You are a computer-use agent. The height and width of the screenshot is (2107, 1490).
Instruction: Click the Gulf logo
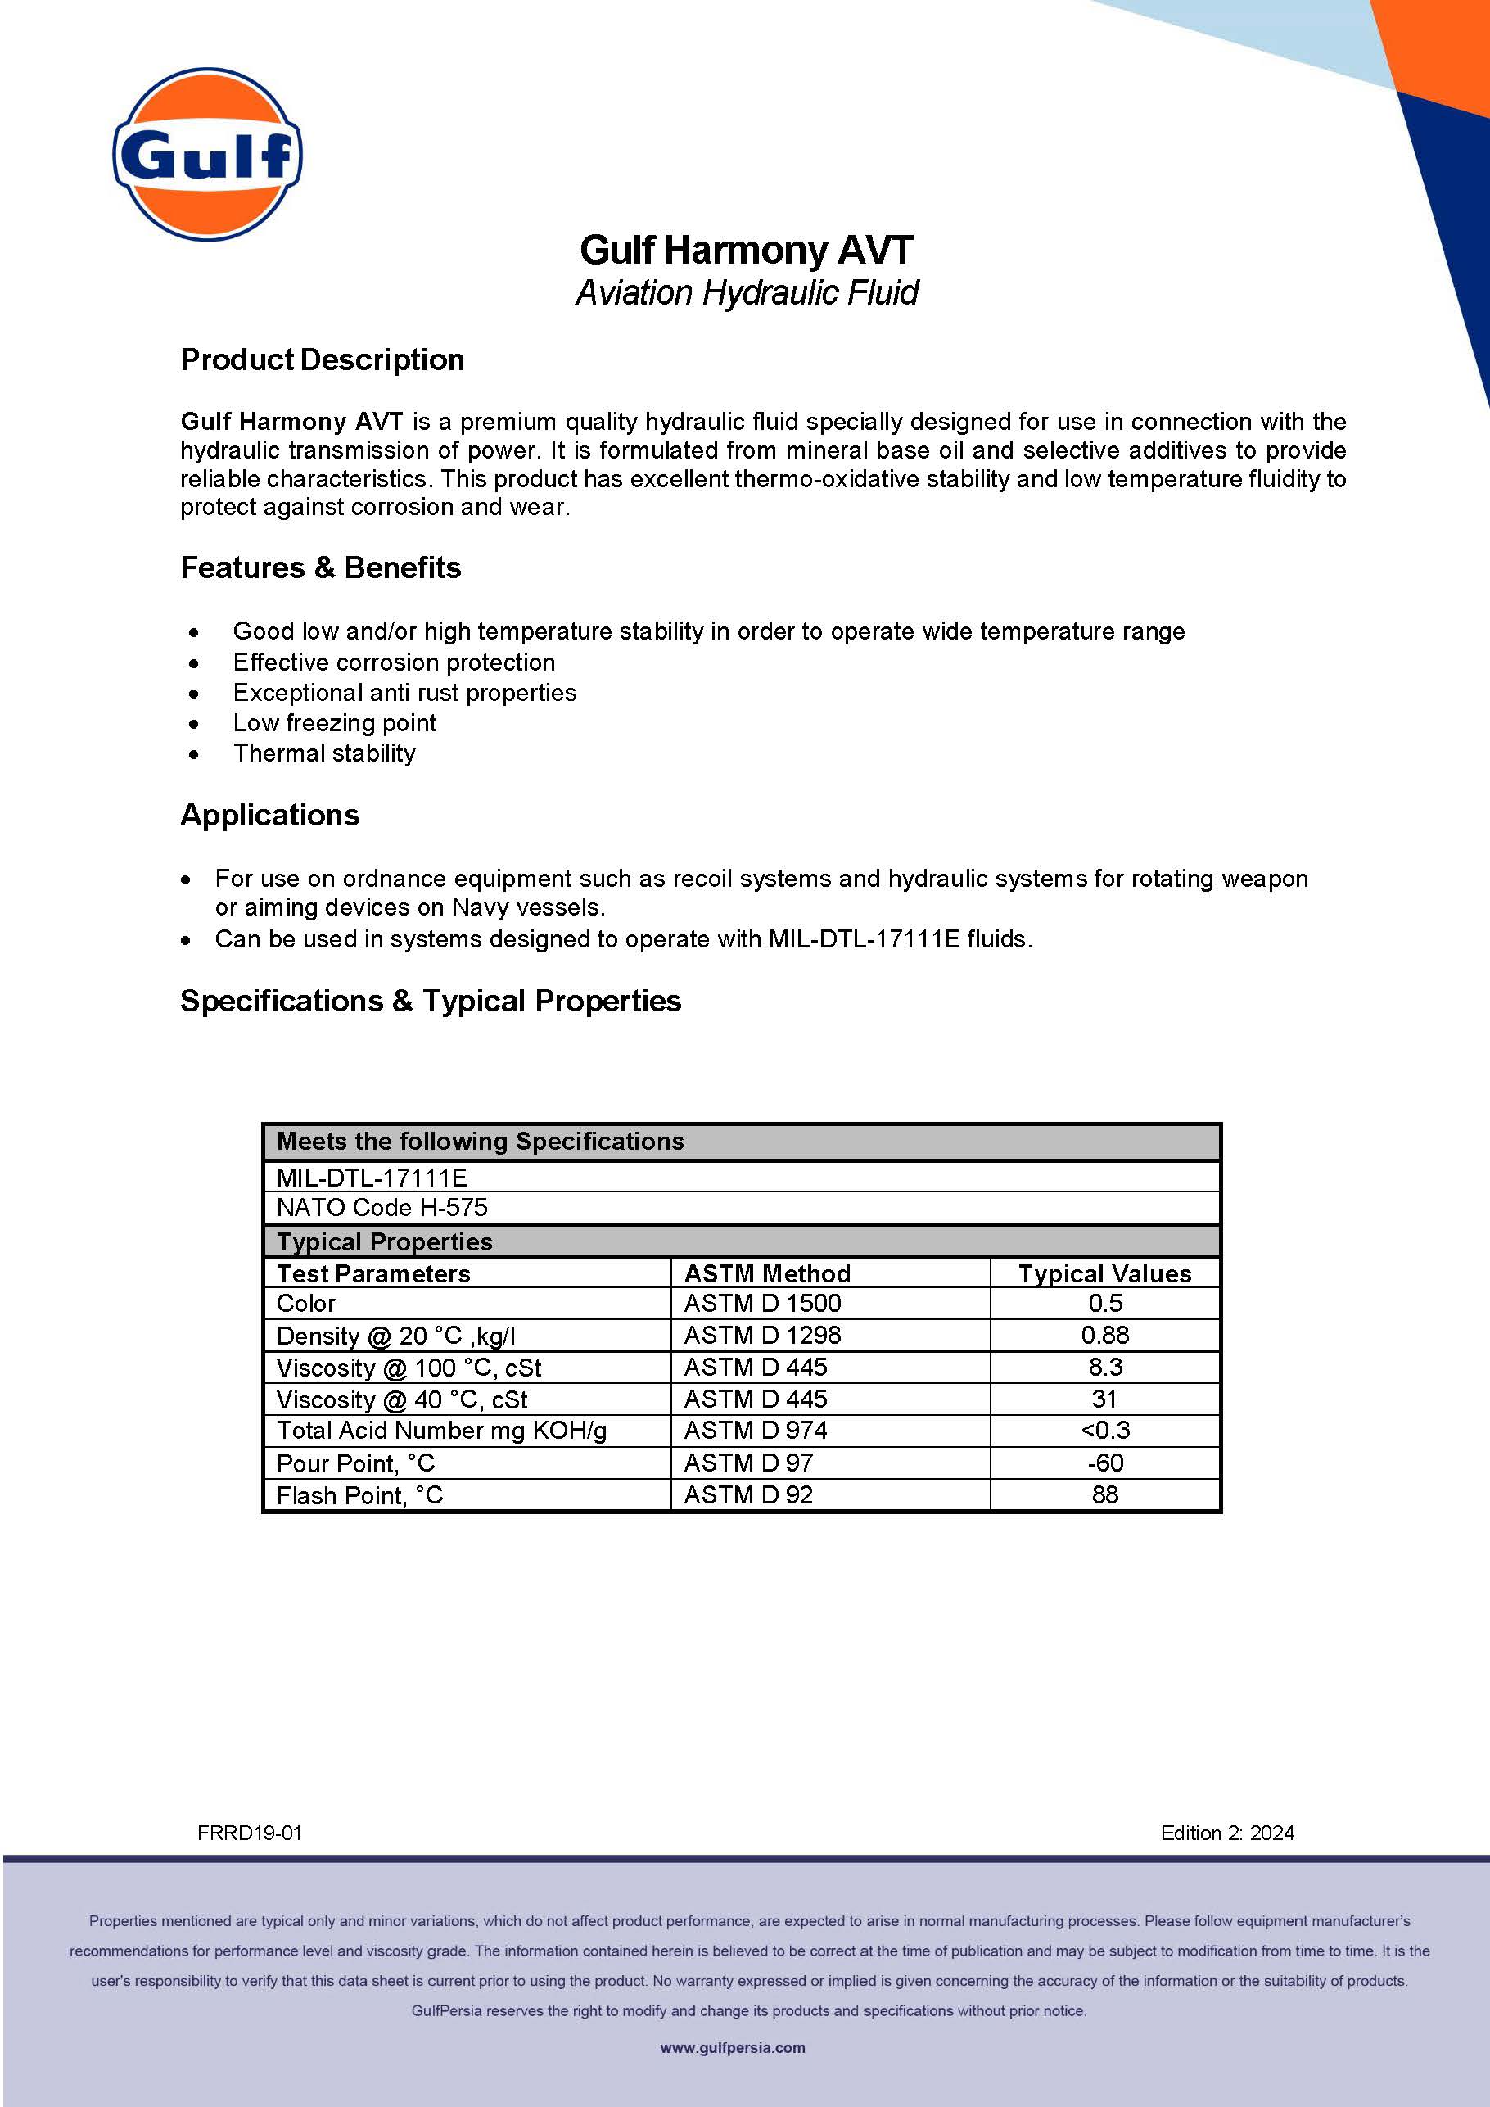click(x=207, y=154)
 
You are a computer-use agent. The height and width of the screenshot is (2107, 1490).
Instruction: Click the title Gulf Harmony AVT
click(x=746, y=250)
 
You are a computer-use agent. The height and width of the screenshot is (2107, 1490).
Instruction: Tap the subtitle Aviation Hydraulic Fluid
click(x=746, y=292)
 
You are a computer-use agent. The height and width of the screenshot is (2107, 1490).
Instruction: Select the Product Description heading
click(x=322, y=359)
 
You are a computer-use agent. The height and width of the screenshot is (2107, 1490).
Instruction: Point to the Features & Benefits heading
click(x=320, y=568)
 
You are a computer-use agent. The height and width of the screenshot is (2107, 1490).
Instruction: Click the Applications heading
click(x=269, y=815)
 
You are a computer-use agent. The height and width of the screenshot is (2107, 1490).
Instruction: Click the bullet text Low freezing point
click(x=334, y=723)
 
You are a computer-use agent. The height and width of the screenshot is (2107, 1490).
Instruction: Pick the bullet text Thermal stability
click(x=324, y=753)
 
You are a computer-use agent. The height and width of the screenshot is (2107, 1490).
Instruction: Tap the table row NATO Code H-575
click(x=382, y=1208)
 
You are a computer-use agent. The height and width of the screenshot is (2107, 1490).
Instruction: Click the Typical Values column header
click(x=1104, y=1273)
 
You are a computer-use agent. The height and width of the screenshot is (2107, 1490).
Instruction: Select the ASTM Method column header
click(x=767, y=1273)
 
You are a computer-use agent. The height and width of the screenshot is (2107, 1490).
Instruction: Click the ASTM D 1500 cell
click(x=762, y=1304)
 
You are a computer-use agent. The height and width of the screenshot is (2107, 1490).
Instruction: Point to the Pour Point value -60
click(x=1104, y=1463)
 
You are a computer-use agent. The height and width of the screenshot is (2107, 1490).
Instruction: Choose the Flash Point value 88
click(x=1104, y=1495)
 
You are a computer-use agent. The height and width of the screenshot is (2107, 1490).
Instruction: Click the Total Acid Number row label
click(x=441, y=1431)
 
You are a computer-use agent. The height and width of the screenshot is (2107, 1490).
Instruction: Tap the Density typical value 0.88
click(x=1104, y=1336)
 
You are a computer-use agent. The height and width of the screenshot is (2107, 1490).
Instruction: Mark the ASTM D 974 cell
click(x=755, y=1431)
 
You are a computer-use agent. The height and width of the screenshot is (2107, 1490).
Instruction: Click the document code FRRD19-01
click(x=250, y=1833)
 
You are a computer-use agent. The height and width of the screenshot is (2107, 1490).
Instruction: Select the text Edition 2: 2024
click(x=1226, y=1833)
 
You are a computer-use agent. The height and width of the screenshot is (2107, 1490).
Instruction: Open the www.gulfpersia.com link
click(x=732, y=2047)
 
